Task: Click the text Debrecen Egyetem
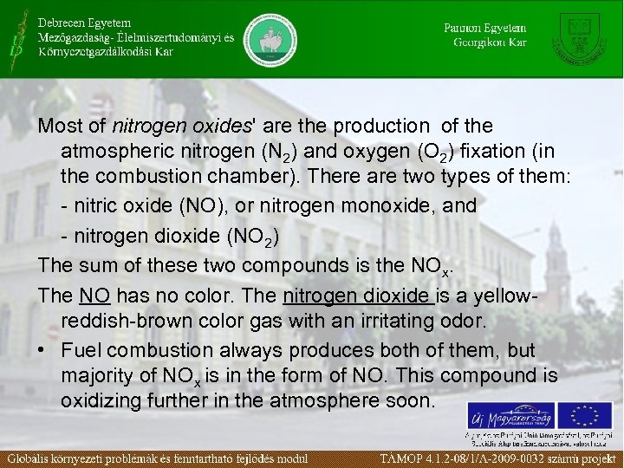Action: coord(85,22)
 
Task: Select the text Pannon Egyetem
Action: coord(485,27)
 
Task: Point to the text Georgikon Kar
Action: coord(490,42)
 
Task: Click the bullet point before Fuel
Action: coord(43,351)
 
